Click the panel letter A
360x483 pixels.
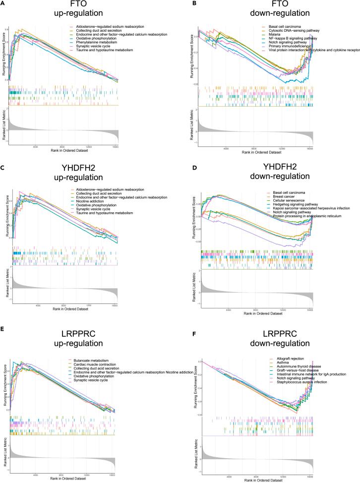[3, 4]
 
